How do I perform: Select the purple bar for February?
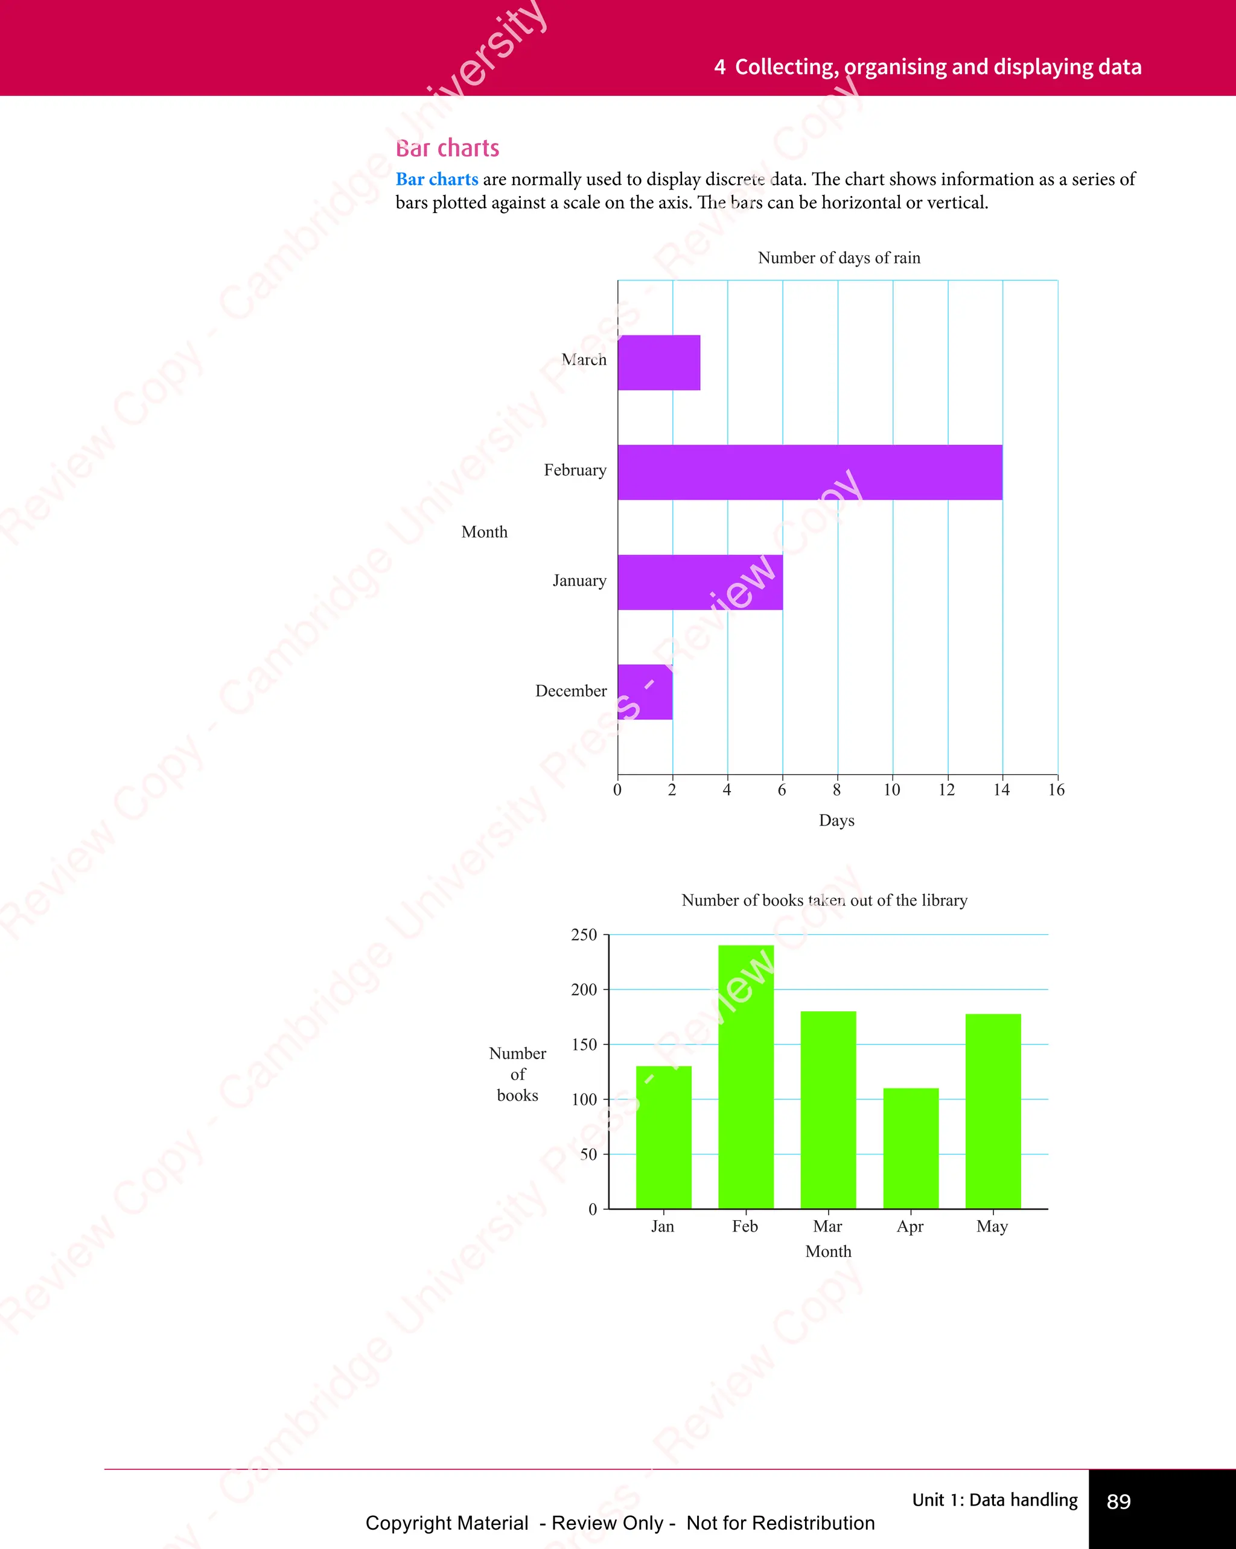point(810,472)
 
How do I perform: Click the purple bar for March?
point(659,362)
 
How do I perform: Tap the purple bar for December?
point(645,692)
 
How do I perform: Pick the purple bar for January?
point(700,582)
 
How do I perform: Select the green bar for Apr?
point(911,1148)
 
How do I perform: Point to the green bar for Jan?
point(663,1137)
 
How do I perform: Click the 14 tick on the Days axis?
point(1002,790)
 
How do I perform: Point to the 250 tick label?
point(584,935)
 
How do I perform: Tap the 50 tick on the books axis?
point(588,1154)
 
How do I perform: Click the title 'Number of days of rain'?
point(839,258)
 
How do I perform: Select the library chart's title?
point(824,900)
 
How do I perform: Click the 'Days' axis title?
point(836,821)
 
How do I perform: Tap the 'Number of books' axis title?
point(517,1074)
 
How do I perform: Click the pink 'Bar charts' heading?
point(447,148)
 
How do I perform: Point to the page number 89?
point(1118,1501)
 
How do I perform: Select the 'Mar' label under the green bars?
point(827,1226)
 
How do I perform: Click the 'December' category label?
point(570,691)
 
